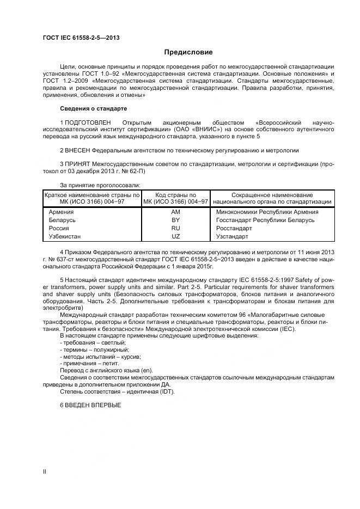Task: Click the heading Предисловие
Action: pos(188,52)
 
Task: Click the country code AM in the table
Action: pos(175,212)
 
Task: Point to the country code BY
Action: pos(175,220)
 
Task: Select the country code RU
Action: pos(175,229)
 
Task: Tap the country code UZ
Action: pos(175,237)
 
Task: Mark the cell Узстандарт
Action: pos(232,237)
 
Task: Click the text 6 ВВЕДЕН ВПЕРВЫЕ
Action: pos(90,405)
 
